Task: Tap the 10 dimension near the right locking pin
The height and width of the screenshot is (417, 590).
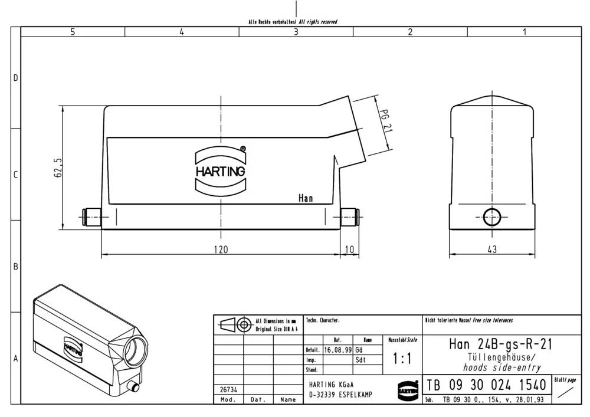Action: click(349, 249)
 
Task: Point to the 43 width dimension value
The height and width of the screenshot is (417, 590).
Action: click(492, 249)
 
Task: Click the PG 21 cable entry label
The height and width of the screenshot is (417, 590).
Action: click(384, 120)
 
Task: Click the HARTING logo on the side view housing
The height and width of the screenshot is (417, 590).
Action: click(220, 170)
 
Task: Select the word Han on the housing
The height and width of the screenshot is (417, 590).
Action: click(306, 198)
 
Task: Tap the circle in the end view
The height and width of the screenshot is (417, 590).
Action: click(491, 217)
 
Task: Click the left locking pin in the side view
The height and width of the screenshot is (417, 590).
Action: click(91, 218)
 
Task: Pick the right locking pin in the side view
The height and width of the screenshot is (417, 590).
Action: click(350, 218)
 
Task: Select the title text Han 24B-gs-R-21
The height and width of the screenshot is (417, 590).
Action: click(493, 344)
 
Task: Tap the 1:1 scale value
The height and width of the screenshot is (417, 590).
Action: click(402, 359)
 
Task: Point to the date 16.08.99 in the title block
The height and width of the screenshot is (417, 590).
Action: click(338, 350)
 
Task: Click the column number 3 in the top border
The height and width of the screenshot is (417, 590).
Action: click(296, 32)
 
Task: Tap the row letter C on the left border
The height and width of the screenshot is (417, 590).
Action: click(16, 175)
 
